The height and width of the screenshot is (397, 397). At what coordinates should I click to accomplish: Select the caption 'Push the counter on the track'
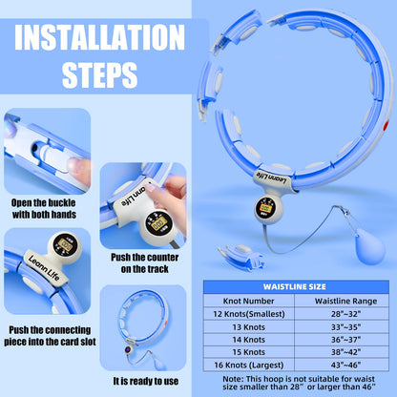(143, 263)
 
